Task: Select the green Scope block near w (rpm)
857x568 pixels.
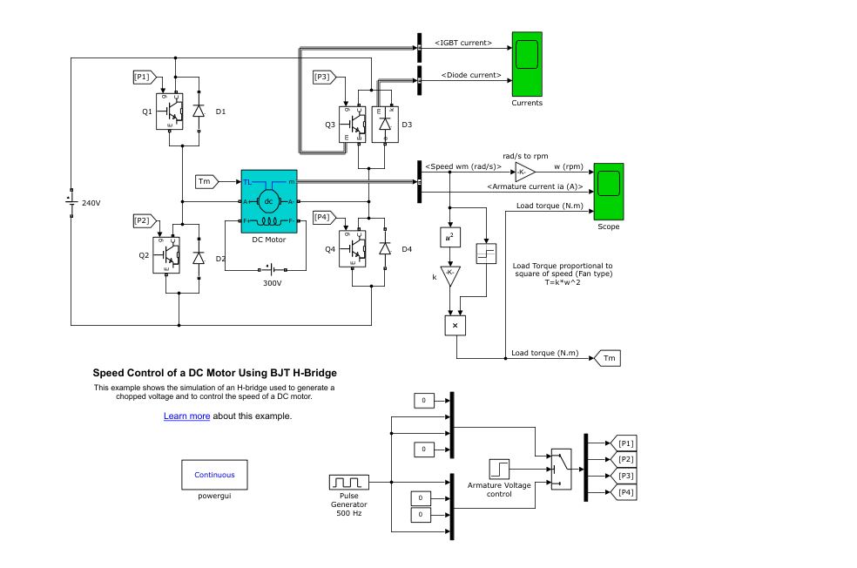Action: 609,191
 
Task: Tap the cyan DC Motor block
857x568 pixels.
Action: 268,201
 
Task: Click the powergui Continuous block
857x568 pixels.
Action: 214,475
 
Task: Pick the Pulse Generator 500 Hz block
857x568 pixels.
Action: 349,482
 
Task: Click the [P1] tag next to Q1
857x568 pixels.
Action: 142,78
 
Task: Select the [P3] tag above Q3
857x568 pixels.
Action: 322,78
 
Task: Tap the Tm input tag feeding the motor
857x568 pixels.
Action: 206,182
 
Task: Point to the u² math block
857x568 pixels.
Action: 449,237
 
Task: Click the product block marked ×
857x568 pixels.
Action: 455,325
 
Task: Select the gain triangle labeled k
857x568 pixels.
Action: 449,275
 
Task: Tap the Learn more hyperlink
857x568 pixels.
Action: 186,416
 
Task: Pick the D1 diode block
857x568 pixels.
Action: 199,111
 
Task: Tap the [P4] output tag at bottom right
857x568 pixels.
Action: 625,492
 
